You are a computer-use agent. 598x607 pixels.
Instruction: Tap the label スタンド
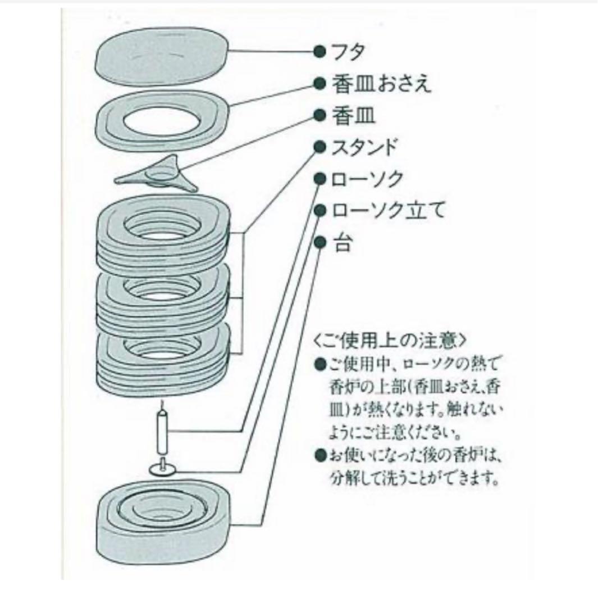point(365,148)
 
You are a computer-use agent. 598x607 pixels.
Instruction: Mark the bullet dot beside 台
point(320,243)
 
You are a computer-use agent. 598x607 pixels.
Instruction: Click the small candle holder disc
point(163,468)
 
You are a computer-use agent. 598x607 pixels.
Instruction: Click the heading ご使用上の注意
point(388,341)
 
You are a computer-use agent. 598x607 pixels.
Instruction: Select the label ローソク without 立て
point(367,180)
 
